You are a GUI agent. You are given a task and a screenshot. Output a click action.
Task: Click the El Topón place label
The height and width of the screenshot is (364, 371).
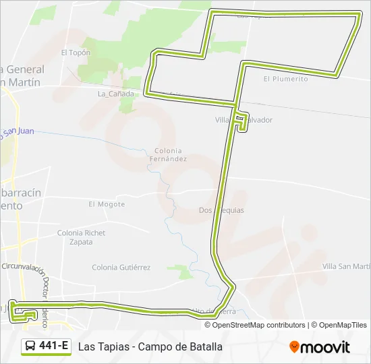[76, 52]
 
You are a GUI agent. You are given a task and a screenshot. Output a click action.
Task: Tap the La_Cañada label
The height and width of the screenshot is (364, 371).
[116, 94]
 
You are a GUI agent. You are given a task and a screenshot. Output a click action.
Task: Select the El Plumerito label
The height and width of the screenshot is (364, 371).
[285, 79]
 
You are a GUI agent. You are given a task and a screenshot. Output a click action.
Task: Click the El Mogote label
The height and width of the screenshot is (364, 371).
[107, 204]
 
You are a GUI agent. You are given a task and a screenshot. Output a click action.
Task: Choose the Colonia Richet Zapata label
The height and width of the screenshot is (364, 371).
[82, 237]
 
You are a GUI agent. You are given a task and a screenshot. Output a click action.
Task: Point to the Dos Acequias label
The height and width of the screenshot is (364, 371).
[221, 210]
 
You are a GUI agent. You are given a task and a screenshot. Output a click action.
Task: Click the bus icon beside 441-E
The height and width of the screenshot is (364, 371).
[31, 346]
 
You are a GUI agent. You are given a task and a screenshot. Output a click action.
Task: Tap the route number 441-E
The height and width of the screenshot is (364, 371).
[53, 346]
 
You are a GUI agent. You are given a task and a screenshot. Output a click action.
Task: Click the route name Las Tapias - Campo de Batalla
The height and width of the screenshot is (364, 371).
[150, 347]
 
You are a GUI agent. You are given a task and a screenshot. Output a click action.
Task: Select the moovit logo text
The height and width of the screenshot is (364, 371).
[325, 348]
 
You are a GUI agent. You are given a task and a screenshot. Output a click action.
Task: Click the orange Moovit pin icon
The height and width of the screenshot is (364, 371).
[294, 347]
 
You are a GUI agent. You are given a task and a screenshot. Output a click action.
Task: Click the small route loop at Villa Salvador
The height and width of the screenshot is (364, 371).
[241, 122]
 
